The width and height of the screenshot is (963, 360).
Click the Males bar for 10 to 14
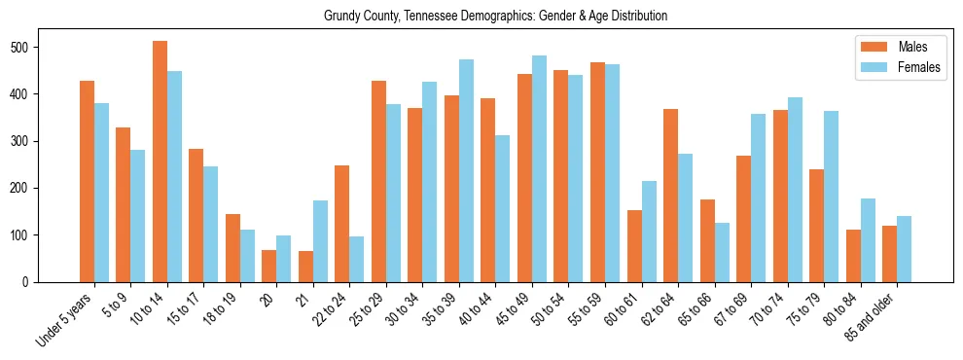(x=160, y=162)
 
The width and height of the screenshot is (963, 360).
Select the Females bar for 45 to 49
(x=539, y=169)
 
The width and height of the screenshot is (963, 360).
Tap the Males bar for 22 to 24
(x=342, y=224)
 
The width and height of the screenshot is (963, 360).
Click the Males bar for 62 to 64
(x=670, y=196)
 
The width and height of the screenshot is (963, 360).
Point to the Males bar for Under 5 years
(x=87, y=181)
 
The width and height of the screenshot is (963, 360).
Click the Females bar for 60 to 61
(x=649, y=232)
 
